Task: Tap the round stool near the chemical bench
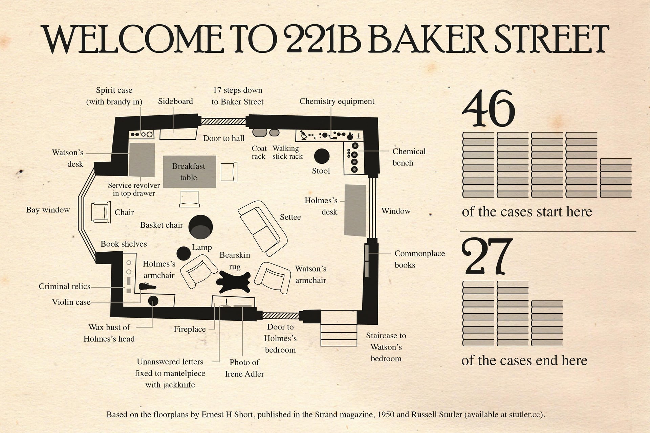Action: point(322,156)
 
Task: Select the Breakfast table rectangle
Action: point(190,172)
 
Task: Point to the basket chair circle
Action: point(200,227)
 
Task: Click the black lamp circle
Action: point(183,253)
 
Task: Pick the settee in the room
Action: point(263,228)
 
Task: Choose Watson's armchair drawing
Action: point(273,277)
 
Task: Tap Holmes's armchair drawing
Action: point(198,271)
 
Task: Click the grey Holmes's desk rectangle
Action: point(355,210)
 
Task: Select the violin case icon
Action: point(147,287)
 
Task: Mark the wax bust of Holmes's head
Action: point(153,300)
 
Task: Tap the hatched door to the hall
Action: point(223,121)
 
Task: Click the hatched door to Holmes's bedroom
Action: point(281,316)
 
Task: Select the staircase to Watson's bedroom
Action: point(339,328)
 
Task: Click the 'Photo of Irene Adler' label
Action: point(244,368)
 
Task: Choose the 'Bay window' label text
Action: point(48,210)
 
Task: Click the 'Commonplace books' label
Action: point(420,259)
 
